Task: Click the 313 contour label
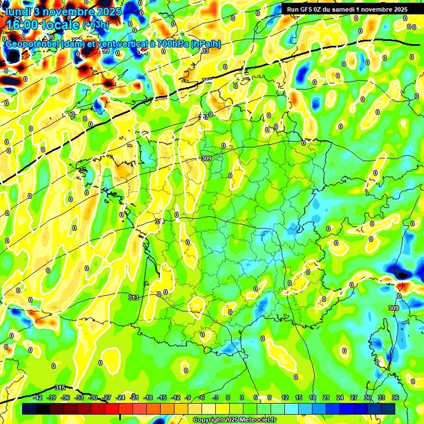coord(133,298)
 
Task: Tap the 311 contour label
coord(160,221)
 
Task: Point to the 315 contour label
coord(60,388)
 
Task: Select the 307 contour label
coord(204,117)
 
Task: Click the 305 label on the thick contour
coord(207,81)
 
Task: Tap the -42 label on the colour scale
coord(38,397)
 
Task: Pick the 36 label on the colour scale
coord(395,397)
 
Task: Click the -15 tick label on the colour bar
coord(162,397)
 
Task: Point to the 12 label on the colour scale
coord(285,397)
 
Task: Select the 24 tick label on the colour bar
coord(340,397)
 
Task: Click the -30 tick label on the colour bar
coord(93,397)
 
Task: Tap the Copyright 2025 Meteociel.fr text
coord(234,420)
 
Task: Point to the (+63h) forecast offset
coord(96,25)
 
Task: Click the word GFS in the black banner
coord(305,9)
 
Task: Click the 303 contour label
coord(203,51)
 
